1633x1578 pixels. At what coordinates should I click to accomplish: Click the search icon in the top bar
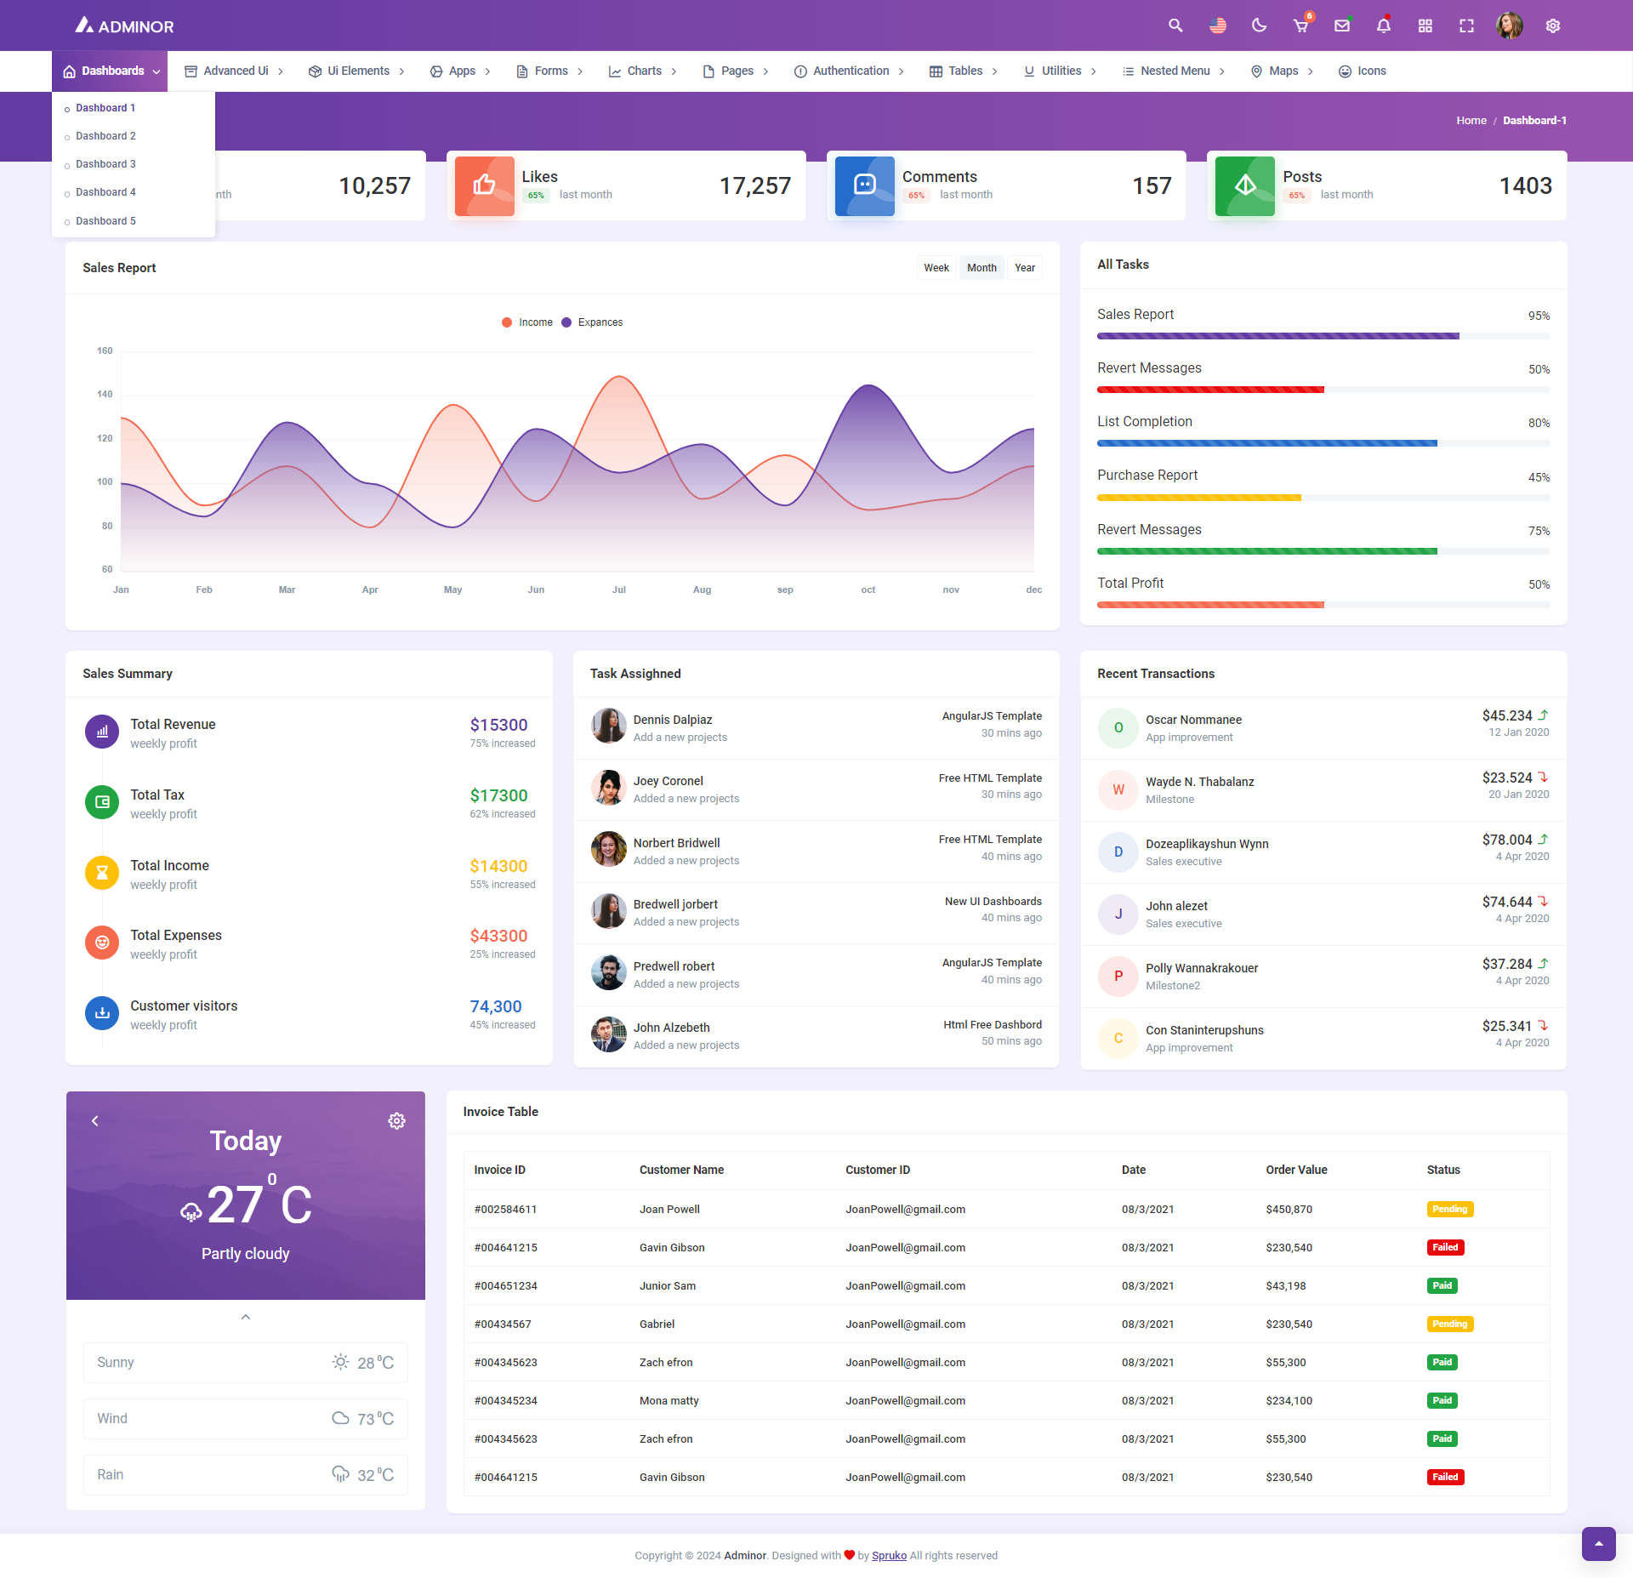pos(1175,26)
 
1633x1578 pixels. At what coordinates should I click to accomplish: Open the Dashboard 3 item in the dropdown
pos(105,164)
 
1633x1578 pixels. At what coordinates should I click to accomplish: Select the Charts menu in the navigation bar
pos(643,71)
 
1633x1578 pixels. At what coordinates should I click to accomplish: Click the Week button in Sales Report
pos(936,268)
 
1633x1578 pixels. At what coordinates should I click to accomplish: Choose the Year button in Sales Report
pos(1024,268)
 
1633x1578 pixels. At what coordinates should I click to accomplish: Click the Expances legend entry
pos(600,322)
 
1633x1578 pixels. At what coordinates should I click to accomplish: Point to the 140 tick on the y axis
pos(105,395)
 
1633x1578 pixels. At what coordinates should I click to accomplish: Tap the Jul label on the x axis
pos(618,590)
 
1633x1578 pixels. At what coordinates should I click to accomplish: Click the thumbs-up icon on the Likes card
pos(484,185)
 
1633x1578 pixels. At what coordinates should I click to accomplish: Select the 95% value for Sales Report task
pos(1539,316)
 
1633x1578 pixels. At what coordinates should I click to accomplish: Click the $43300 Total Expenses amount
pos(498,936)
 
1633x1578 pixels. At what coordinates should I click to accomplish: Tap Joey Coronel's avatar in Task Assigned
pos(609,788)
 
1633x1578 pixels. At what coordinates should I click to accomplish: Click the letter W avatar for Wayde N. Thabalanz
pos(1118,789)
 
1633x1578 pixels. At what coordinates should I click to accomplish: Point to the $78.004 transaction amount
pos(1506,840)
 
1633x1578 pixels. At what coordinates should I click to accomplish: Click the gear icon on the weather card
pos(396,1121)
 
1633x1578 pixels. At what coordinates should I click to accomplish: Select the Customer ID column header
pos(877,1170)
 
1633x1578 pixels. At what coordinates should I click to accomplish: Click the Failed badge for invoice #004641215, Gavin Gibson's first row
pos(1444,1248)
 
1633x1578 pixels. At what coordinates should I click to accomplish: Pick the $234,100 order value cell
pos(1289,1401)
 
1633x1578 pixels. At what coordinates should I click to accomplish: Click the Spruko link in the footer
pos(889,1556)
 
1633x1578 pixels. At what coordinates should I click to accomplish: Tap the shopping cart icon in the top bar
pos(1300,26)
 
